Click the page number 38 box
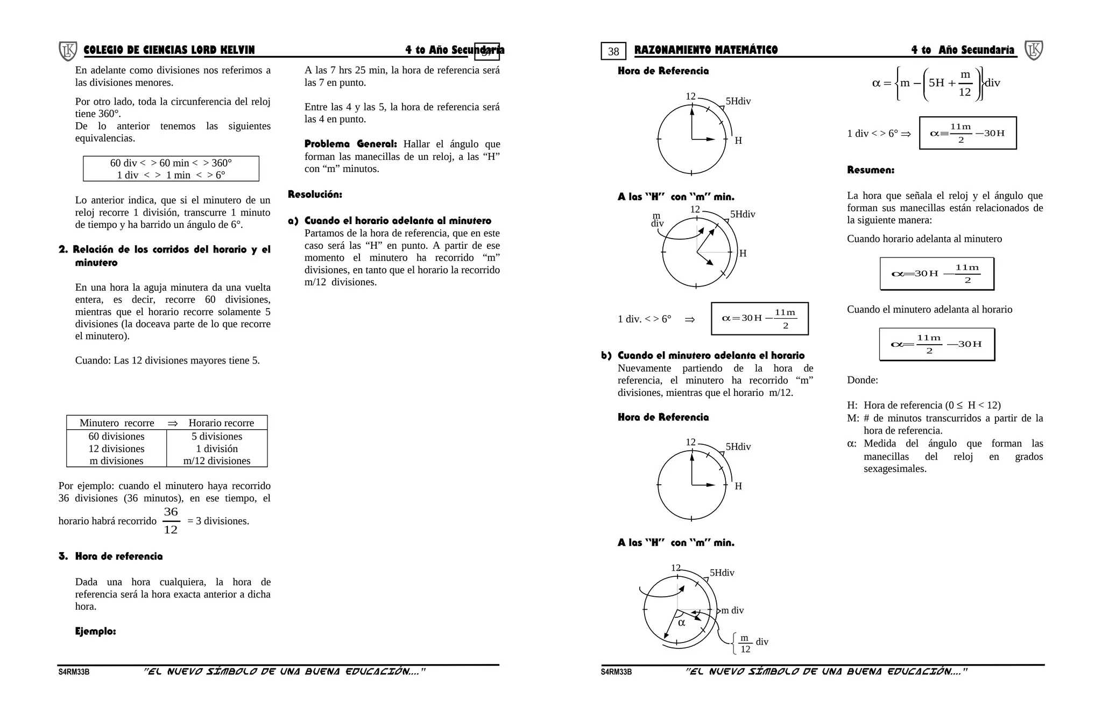click(613, 51)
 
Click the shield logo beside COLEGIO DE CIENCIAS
click(68, 51)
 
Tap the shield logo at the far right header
click(1034, 50)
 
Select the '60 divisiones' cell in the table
click(116, 436)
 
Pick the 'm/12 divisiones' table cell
click(217, 460)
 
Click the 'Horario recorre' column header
click(221, 423)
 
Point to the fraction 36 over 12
click(171, 521)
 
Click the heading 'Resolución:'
click(315, 194)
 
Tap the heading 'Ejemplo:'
click(95, 631)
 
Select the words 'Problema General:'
click(350, 144)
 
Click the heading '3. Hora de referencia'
click(111, 556)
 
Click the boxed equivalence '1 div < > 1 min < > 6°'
click(171, 175)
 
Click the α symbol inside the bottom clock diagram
click(681, 623)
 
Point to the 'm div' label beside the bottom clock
click(732, 610)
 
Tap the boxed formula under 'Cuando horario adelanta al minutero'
click(936, 274)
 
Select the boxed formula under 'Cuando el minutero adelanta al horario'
click(936, 344)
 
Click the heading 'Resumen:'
click(870, 170)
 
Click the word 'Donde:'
click(862, 380)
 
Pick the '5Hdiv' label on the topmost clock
click(738, 101)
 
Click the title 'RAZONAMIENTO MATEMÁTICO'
click(706, 50)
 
